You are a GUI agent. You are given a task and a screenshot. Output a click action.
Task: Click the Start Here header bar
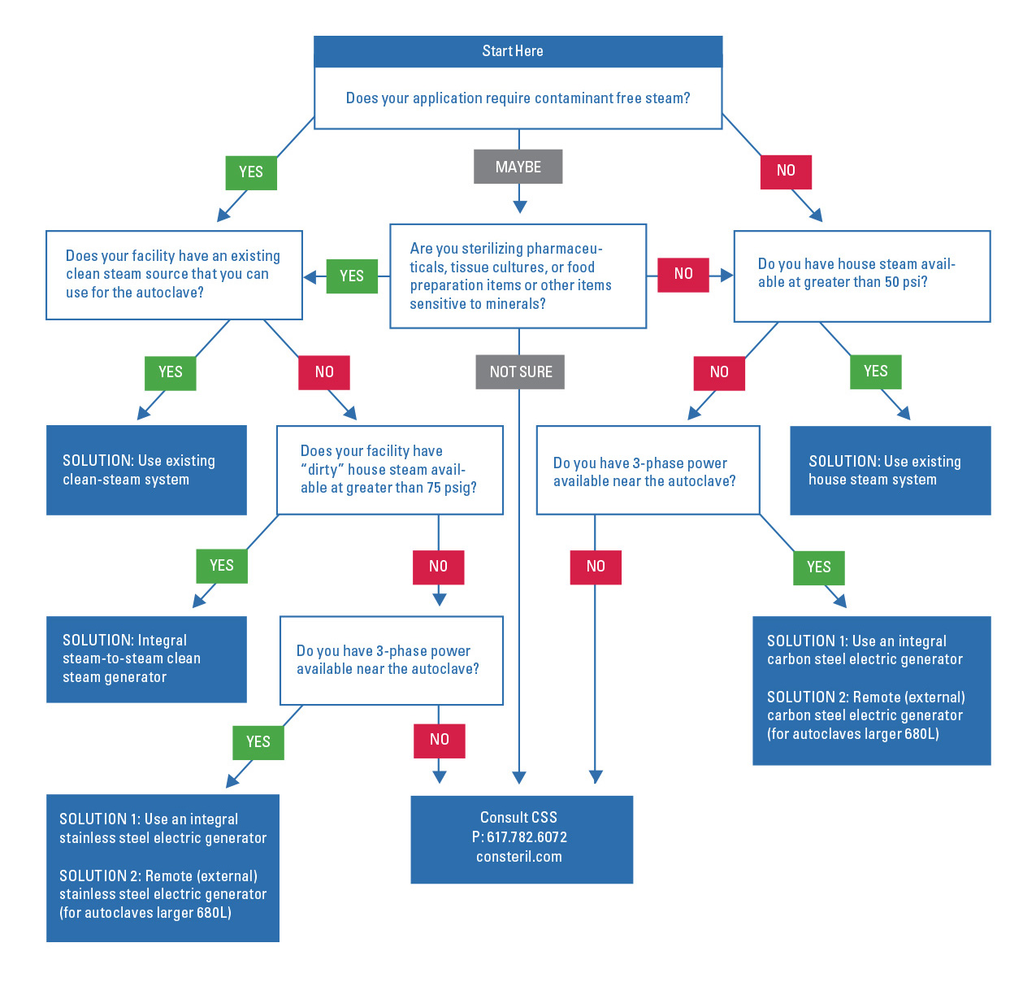518,51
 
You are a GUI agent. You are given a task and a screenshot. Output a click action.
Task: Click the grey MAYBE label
518,167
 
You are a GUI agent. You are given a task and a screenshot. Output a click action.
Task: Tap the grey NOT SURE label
520,372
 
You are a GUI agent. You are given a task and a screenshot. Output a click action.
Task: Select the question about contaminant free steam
518,98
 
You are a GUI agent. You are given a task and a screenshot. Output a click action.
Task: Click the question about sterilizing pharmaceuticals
518,276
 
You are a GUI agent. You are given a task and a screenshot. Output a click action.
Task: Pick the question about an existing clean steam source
174,275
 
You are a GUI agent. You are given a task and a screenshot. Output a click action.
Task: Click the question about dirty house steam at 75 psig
389,470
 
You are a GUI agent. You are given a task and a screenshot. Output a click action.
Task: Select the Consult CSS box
521,839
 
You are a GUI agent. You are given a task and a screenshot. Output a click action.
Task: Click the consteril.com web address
519,857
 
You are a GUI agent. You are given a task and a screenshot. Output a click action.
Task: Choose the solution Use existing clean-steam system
146,470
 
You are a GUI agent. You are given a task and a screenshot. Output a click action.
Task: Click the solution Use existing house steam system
890,471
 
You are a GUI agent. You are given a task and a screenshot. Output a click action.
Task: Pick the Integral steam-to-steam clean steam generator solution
146,659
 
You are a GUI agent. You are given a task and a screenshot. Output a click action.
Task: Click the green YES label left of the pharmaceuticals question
352,276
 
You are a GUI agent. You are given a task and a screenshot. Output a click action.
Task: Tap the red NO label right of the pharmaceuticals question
683,275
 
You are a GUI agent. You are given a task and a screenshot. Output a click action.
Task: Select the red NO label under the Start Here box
786,172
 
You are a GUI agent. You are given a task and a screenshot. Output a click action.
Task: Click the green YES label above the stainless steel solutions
258,742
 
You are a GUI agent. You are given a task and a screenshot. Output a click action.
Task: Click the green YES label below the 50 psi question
875,372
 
